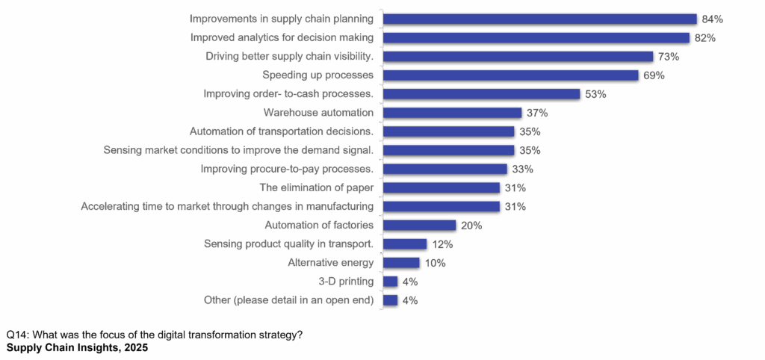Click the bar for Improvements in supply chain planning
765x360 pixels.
pyautogui.click(x=539, y=19)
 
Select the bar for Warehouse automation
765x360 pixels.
pyautogui.click(x=452, y=113)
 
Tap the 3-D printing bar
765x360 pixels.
pyautogui.click(x=390, y=282)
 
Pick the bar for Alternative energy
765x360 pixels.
pyautogui.click(x=401, y=263)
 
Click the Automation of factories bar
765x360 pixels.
pyautogui.click(x=419, y=226)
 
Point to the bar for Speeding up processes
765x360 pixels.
pyautogui.click(x=510, y=75)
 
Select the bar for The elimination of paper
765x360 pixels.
pyautogui.click(x=441, y=188)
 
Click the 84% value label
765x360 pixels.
pyautogui.click(x=712, y=19)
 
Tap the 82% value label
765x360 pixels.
pyautogui.click(x=704, y=37)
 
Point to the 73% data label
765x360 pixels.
pyautogui.click(x=668, y=57)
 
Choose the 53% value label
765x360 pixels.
pyautogui.click(x=595, y=94)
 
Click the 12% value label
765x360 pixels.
pyautogui.click(x=442, y=244)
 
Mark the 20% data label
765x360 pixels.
pyautogui.click(x=471, y=226)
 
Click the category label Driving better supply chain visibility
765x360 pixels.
pyautogui.click(x=289, y=56)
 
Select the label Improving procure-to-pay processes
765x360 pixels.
pyautogui.click(x=286, y=169)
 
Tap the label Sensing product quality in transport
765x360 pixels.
pyautogui.click(x=288, y=244)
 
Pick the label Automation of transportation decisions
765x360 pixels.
pyautogui.click(x=281, y=131)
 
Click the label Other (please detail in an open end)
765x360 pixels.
pyautogui.click(x=288, y=300)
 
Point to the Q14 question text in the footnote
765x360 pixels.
pyautogui.click(x=154, y=335)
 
